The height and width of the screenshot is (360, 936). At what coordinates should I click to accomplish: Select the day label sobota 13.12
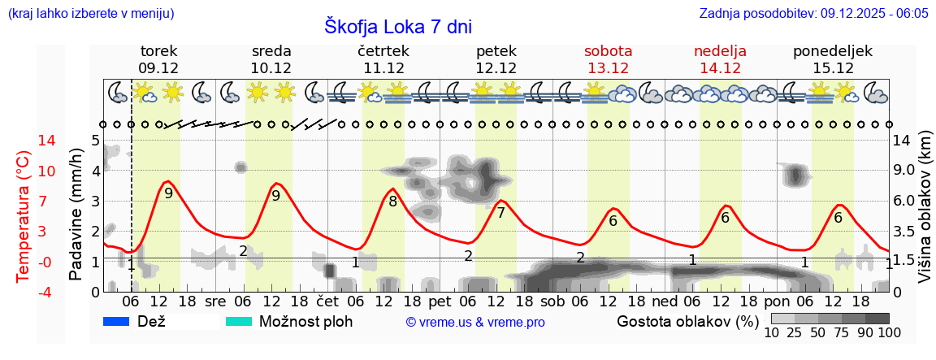(608, 59)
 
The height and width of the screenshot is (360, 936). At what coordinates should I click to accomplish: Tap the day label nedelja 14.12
(720, 59)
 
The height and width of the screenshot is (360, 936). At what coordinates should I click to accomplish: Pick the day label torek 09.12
(158, 59)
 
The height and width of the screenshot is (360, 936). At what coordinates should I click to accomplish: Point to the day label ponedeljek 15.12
(833, 59)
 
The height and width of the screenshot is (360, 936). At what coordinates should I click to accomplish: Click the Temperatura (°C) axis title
(24, 216)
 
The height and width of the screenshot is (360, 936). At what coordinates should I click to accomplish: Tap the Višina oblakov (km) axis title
(925, 216)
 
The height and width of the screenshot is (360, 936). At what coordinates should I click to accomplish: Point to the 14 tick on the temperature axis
(25, 141)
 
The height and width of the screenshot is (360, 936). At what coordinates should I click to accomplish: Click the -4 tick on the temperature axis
(24, 292)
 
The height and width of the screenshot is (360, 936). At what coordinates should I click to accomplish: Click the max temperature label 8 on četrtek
(392, 202)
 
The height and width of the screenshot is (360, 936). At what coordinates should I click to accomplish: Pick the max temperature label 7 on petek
(500, 213)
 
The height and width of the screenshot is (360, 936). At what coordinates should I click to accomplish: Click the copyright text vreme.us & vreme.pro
(475, 322)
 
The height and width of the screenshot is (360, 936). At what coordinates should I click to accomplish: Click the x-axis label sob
(552, 300)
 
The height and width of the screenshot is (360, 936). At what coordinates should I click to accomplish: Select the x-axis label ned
(665, 300)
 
